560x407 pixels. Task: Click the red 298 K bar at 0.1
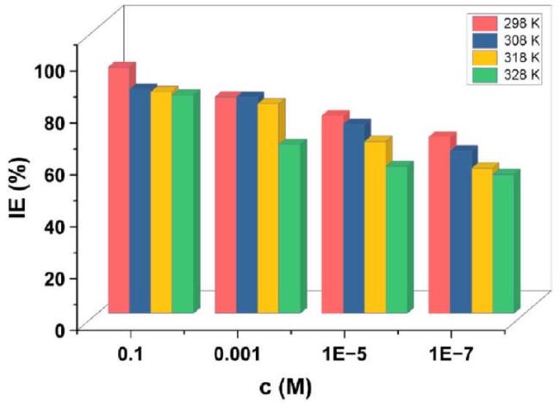pyautogui.click(x=118, y=190)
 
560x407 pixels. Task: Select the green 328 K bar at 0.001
pyautogui.click(x=289, y=229)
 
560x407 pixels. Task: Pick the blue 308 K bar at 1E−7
pyautogui.click(x=460, y=231)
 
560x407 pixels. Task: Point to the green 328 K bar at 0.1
pyautogui.click(x=183, y=203)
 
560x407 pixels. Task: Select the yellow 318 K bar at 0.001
pyautogui.click(x=267, y=207)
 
